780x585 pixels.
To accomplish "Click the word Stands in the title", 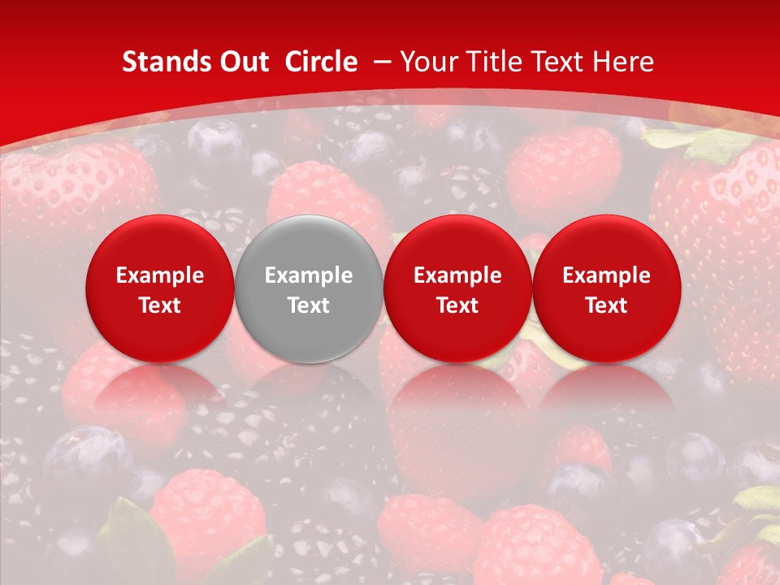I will (158, 62).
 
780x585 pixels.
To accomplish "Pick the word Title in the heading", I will (492, 62).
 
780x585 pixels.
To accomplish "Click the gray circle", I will (309, 288).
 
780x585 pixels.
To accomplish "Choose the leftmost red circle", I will (160, 288).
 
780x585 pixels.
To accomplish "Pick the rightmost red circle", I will (606, 288).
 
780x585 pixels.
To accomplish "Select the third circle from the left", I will (457, 288).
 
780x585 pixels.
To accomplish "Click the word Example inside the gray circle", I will (309, 275).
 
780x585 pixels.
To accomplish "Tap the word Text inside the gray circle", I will (309, 305).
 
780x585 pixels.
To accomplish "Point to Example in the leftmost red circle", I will (160, 275).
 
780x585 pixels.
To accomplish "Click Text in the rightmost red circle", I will (606, 305).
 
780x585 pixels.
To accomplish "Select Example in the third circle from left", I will (457, 275).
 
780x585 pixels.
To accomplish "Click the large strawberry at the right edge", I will (723, 244).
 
